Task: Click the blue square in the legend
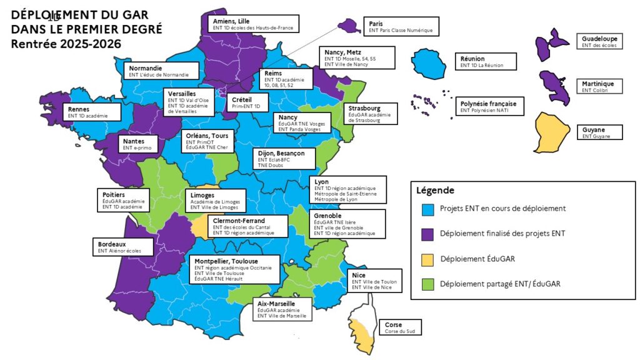click(428, 209)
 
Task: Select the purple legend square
click(428, 234)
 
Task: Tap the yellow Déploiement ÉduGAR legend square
click(428, 259)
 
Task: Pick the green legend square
click(428, 284)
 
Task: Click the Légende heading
click(436, 190)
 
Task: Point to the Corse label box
click(399, 327)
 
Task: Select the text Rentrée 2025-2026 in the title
click(66, 44)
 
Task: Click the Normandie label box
click(158, 71)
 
